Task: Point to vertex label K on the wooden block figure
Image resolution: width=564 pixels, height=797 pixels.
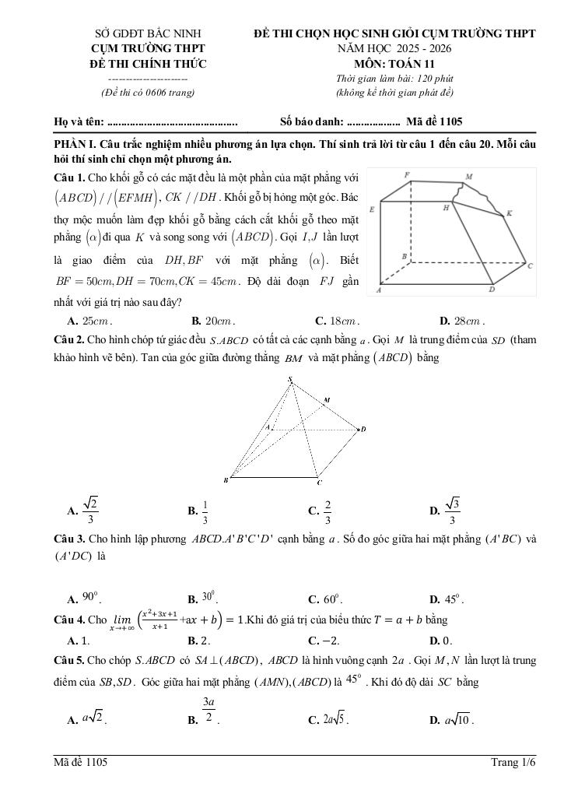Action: pyautogui.click(x=510, y=212)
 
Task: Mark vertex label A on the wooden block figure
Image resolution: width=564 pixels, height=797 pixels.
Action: pyautogui.click(x=378, y=290)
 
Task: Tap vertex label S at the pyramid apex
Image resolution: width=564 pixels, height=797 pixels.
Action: pyautogui.click(x=290, y=380)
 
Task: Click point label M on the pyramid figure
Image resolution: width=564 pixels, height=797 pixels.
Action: pyautogui.click(x=327, y=400)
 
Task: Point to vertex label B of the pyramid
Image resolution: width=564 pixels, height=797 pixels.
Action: pyautogui.click(x=226, y=480)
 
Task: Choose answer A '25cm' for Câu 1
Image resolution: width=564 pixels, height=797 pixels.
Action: pyautogui.click(x=95, y=320)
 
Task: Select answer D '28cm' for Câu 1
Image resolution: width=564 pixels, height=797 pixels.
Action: pyautogui.click(x=467, y=320)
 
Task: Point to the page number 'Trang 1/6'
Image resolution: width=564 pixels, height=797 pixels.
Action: pyautogui.click(x=513, y=763)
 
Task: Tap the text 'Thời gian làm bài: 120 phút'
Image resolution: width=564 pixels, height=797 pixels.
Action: pyautogui.click(x=394, y=78)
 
